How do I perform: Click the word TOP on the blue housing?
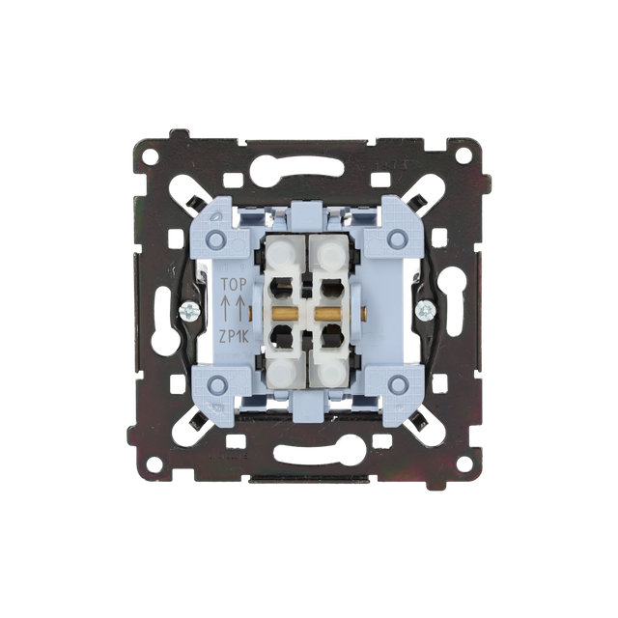coord(234,284)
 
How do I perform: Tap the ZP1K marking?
coord(234,336)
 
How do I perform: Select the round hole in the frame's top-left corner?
coord(151,155)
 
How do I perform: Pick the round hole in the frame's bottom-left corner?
coord(154,463)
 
